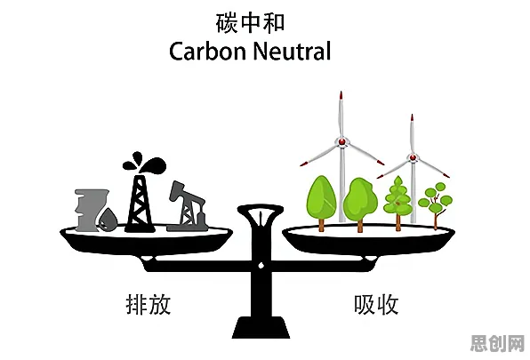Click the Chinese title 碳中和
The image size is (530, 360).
tap(250, 23)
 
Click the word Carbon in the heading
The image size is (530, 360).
tap(207, 52)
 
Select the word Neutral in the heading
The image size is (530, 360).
tap(292, 52)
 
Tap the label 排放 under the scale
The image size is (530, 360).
tap(148, 304)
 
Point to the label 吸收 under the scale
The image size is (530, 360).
tap(376, 304)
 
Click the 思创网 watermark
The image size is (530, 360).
tap(498, 343)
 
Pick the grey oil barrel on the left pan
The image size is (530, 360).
tap(88, 210)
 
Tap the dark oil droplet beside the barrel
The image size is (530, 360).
tap(108, 220)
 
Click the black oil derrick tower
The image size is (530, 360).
tap(140, 204)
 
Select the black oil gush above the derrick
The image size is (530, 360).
tap(145, 162)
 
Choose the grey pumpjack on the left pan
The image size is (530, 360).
tap(187, 207)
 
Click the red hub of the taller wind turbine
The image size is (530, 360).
tap(342, 141)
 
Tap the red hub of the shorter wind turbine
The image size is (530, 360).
tap(413, 157)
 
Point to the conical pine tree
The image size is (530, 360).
tap(397, 203)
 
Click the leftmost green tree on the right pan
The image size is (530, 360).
tap(321, 203)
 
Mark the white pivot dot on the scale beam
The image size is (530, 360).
tap(261, 266)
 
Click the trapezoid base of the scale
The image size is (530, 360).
tap(261, 327)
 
